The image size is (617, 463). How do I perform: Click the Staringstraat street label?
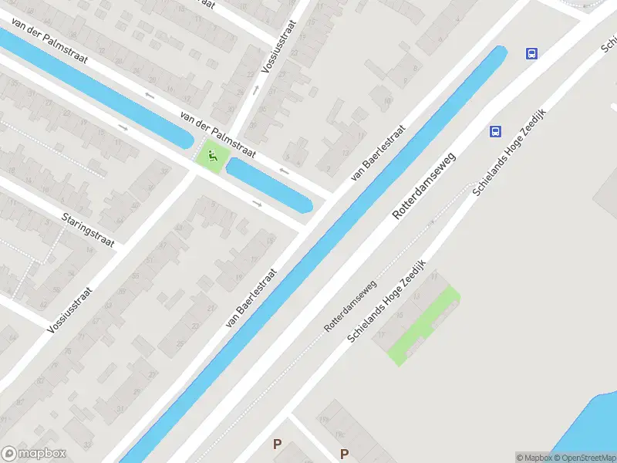point(88,230)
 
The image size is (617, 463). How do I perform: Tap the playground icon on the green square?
point(212,157)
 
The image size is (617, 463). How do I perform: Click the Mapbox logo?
point(33,453)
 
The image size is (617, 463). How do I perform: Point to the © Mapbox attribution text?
point(531,458)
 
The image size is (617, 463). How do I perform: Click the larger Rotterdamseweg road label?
point(423,186)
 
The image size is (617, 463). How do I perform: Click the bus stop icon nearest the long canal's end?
point(531,53)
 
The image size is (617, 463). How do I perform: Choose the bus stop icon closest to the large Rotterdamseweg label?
point(495,131)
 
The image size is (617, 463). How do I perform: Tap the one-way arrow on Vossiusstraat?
point(256,89)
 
